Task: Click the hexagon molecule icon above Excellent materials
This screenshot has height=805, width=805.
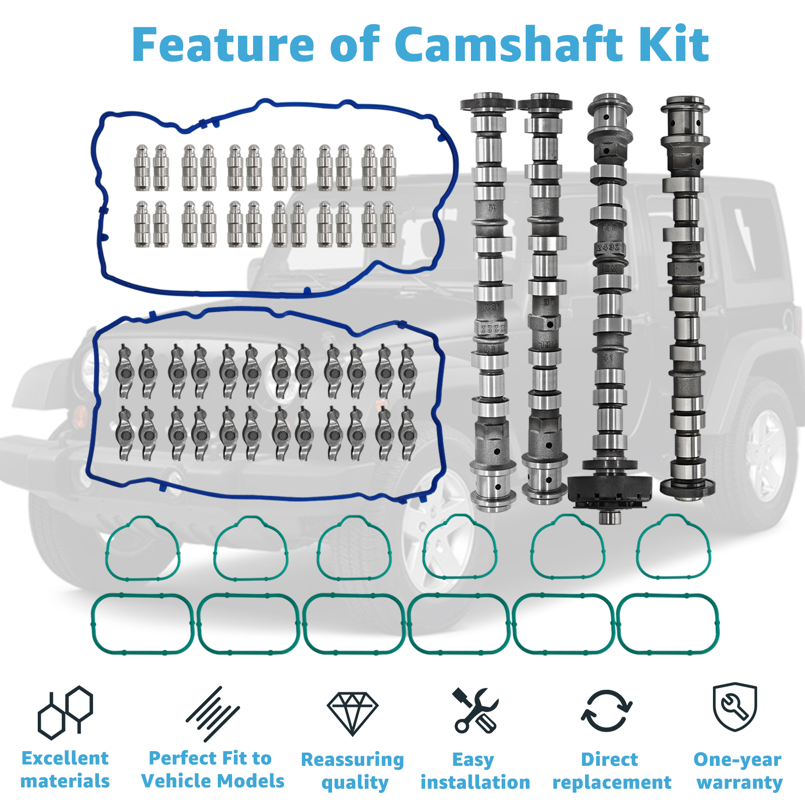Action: point(65,712)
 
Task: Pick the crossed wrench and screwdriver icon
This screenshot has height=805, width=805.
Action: point(475,710)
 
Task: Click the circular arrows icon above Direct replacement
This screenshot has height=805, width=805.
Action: point(607,710)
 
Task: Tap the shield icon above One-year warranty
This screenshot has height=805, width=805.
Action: point(735,707)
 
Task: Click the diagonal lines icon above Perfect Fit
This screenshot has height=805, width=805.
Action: point(212,713)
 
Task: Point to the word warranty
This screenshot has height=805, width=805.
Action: point(740,783)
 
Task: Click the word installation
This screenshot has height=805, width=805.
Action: point(475,782)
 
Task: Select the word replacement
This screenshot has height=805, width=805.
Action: point(612,783)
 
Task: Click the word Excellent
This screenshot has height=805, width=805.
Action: point(65,758)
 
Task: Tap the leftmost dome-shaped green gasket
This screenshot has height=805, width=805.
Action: point(142,548)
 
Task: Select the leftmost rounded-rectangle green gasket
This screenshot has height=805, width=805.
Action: point(142,624)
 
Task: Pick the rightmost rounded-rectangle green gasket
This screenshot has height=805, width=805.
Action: point(668,624)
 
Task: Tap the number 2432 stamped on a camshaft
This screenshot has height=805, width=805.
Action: point(608,248)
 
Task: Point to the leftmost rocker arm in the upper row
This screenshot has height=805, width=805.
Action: point(124,371)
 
